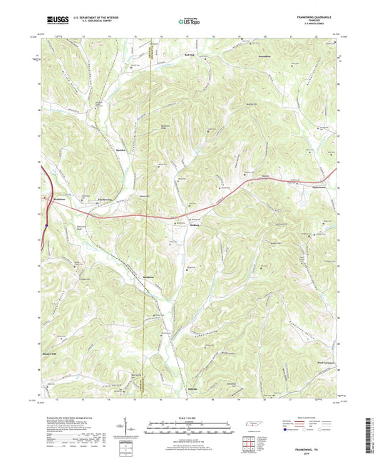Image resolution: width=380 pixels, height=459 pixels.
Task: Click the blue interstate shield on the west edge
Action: tap(45, 222)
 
